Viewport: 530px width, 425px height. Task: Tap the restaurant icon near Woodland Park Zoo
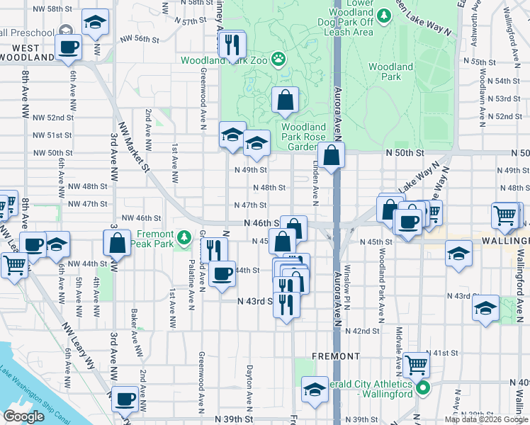click(232, 46)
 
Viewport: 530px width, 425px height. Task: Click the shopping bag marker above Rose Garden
click(285, 101)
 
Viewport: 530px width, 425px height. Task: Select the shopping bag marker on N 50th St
click(331, 155)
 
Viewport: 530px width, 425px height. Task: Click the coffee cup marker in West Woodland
click(68, 47)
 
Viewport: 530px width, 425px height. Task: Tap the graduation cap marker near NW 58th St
click(94, 23)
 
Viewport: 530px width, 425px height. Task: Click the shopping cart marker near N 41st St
click(417, 365)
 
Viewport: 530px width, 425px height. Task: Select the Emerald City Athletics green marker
click(423, 387)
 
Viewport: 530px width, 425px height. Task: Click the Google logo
click(23, 416)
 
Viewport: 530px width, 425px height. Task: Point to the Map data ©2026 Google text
click(486, 419)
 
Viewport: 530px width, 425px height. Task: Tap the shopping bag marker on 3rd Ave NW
click(117, 243)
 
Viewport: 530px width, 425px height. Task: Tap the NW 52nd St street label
click(52, 117)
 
